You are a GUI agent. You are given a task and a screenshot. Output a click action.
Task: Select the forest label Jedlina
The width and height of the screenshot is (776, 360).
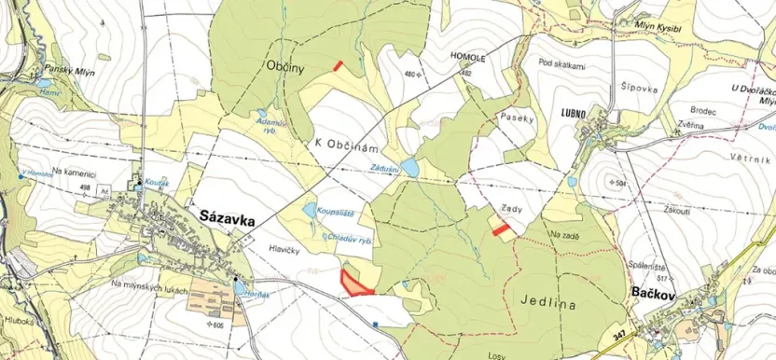[x=544, y=303]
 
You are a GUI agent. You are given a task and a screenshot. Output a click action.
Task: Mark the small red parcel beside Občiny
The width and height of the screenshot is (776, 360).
[x=338, y=65]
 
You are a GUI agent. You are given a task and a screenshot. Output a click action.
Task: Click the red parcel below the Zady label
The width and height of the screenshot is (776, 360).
[x=501, y=228]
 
